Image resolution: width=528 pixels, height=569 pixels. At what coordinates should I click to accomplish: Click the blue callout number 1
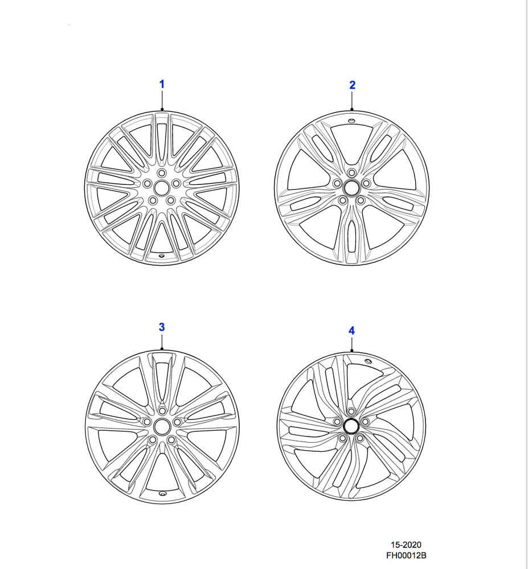[162, 84]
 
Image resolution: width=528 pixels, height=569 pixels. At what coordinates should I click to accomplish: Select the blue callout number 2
[352, 85]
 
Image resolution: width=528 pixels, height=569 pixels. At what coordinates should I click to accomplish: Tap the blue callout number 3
[162, 327]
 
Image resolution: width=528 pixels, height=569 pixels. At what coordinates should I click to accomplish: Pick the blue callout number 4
[351, 331]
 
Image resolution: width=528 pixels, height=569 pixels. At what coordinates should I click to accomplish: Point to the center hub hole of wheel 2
[351, 188]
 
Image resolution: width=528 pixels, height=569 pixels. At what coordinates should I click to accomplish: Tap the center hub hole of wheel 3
[162, 427]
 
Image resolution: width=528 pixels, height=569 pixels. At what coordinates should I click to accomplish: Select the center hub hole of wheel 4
[351, 426]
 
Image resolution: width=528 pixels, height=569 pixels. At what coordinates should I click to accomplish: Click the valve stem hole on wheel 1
[161, 255]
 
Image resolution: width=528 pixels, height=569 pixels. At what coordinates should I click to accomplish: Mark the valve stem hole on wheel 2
[351, 121]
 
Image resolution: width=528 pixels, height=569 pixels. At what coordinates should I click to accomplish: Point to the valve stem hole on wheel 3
[162, 493]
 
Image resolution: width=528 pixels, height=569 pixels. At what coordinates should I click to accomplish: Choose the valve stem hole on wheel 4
[368, 361]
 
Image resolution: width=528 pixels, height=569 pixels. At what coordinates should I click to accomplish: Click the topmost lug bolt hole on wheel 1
[162, 173]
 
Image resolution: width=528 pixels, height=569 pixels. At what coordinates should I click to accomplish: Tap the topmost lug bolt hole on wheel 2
[351, 172]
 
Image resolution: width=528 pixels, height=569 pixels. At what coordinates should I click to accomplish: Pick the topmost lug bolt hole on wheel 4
[351, 411]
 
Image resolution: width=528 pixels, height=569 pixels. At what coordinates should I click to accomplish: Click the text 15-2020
[406, 545]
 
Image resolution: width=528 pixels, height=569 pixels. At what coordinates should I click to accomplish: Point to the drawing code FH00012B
[406, 555]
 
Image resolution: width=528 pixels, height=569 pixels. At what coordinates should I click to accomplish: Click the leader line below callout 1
[162, 100]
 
